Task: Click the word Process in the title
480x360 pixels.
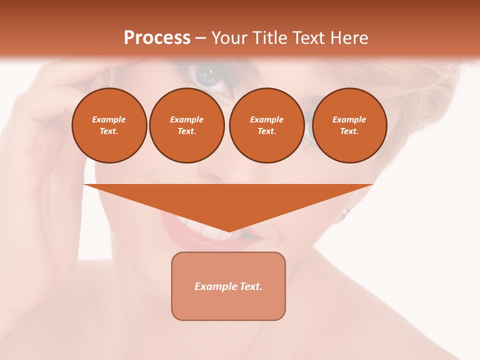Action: point(157,38)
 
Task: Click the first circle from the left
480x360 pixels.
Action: point(109,125)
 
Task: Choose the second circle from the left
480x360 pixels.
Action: point(187,125)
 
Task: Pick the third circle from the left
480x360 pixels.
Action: point(267,125)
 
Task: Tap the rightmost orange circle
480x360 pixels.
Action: point(349,125)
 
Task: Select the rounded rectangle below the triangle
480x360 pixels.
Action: point(228,286)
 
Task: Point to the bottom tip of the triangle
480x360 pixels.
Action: point(228,231)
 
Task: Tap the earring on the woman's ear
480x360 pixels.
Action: point(344,213)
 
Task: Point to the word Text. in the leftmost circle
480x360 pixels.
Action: point(109,131)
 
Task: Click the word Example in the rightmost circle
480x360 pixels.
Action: point(349,119)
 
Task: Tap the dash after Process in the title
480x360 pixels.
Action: point(200,38)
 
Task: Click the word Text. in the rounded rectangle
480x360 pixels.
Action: point(250,286)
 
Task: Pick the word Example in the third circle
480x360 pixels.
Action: point(267,119)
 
